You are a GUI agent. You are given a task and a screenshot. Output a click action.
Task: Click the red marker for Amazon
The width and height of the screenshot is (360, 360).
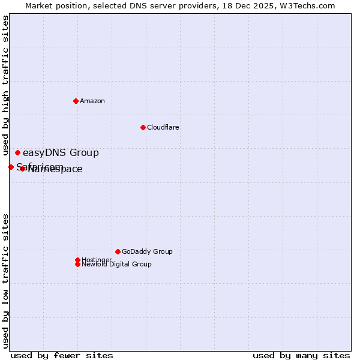coord(76,101)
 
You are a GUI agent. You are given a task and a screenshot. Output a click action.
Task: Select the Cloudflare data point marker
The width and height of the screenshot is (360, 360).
coord(143,127)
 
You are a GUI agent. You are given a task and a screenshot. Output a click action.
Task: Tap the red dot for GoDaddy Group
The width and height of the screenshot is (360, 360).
coord(118,251)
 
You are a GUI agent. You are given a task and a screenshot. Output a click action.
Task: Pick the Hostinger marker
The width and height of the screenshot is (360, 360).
coord(77,260)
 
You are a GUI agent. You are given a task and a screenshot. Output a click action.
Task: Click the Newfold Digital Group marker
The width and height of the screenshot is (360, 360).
coord(77,264)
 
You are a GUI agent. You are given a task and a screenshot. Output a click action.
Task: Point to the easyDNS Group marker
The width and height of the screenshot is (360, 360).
coord(17,153)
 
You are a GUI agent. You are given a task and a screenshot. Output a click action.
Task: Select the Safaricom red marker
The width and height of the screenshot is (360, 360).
coord(11,167)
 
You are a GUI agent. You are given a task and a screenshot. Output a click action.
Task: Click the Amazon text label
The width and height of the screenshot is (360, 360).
coord(92,101)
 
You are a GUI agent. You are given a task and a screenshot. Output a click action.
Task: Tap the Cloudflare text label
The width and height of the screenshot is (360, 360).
coord(163,127)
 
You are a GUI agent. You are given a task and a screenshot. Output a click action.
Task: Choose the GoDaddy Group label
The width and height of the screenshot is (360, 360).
coord(147,251)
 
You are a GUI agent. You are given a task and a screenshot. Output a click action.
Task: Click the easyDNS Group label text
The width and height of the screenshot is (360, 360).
coord(61,153)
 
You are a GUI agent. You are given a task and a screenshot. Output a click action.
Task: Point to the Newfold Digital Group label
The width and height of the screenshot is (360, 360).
coord(116,265)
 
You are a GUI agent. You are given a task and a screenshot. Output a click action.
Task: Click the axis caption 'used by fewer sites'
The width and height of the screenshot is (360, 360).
coord(62,355)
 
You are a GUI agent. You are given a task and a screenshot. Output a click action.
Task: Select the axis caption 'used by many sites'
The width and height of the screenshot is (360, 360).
coord(301,355)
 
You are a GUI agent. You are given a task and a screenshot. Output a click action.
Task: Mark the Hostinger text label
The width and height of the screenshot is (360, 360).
coord(97,260)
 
